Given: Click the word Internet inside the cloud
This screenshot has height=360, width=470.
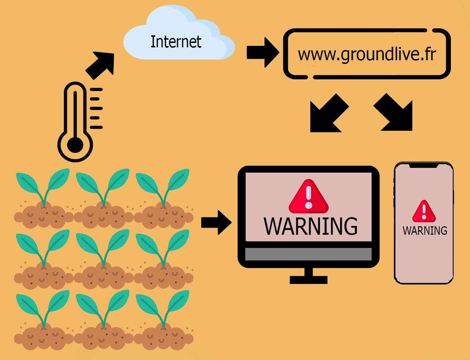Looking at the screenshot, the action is click(176, 42).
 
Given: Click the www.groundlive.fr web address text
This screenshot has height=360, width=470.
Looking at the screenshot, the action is click(367, 54).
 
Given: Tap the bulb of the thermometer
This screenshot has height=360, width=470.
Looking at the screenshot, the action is click(75, 145).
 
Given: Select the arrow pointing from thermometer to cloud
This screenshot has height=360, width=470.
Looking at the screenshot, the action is click(100, 65).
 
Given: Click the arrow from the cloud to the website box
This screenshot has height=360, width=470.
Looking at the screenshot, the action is click(263, 53).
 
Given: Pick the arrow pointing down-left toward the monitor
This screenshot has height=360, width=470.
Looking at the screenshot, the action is click(329, 113).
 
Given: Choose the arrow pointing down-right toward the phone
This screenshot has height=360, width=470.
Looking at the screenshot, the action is click(393, 112).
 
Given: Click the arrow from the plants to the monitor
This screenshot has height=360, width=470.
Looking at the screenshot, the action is click(216, 222).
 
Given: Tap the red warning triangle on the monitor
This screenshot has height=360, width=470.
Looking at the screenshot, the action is click(309, 197).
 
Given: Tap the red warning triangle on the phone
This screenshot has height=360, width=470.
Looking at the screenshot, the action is click(424, 211).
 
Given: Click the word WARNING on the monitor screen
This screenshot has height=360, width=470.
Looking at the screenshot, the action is click(311, 226).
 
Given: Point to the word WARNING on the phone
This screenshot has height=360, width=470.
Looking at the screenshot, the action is click(425, 231).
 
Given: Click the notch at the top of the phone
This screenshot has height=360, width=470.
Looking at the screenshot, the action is click(424, 166).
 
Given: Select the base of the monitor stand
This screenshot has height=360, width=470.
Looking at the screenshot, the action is click(308, 280).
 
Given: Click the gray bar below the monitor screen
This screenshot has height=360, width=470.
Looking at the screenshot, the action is click(308, 254).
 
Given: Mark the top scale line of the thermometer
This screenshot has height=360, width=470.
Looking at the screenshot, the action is click(96, 89).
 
